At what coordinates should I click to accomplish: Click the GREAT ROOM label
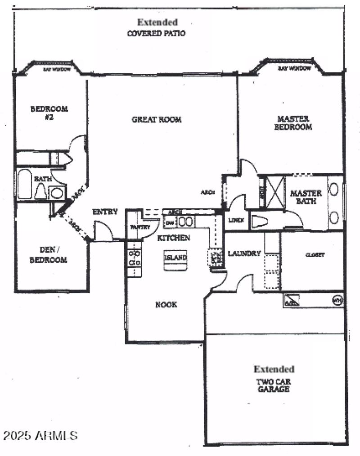click(156, 120)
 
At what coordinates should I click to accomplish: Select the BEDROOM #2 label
click(49, 112)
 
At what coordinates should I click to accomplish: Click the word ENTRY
click(105, 212)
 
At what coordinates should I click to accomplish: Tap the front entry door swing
click(103, 231)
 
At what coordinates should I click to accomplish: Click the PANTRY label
click(140, 227)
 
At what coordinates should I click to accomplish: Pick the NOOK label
click(166, 305)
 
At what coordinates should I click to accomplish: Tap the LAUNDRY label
click(244, 253)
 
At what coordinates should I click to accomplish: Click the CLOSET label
click(315, 254)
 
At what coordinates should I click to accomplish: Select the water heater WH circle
click(337, 299)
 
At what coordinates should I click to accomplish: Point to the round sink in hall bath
click(57, 193)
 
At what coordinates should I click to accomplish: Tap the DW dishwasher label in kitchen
click(170, 222)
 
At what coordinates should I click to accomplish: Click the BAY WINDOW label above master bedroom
click(294, 68)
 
